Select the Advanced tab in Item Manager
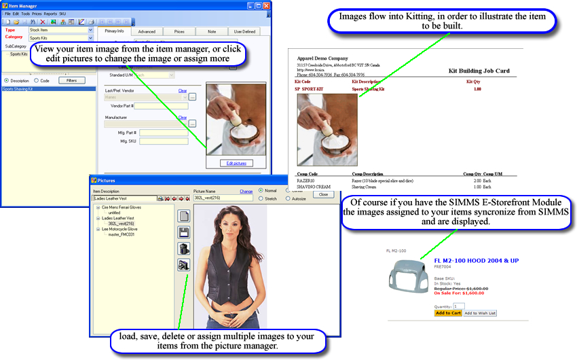point(147,31)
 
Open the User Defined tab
point(244,31)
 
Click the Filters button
point(71,80)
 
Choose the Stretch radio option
point(262,199)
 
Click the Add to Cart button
point(448,313)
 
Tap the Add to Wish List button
point(480,313)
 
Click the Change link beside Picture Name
point(246,192)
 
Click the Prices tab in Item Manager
point(179,31)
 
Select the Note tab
point(212,31)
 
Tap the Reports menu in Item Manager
point(50,14)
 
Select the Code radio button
point(35,80)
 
